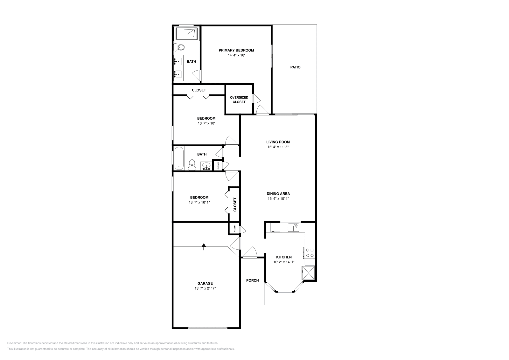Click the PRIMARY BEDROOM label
(236, 50)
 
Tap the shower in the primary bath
(186, 33)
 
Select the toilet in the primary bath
(179, 48)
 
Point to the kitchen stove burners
(310, 253)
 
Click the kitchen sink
(293, 227)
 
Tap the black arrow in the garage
(204, 246)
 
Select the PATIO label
(295, 67)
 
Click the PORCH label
(252, 280)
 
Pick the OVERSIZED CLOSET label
(239, 100)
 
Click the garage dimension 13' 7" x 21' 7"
(205, 288)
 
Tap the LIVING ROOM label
(278, 142)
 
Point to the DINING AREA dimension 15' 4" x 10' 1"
(278, 199)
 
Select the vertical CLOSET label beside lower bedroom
(235, 204)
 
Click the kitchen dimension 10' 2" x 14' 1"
(284, 262)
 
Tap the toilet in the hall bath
(192, 164)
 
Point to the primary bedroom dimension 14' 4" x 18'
(236, 55)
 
